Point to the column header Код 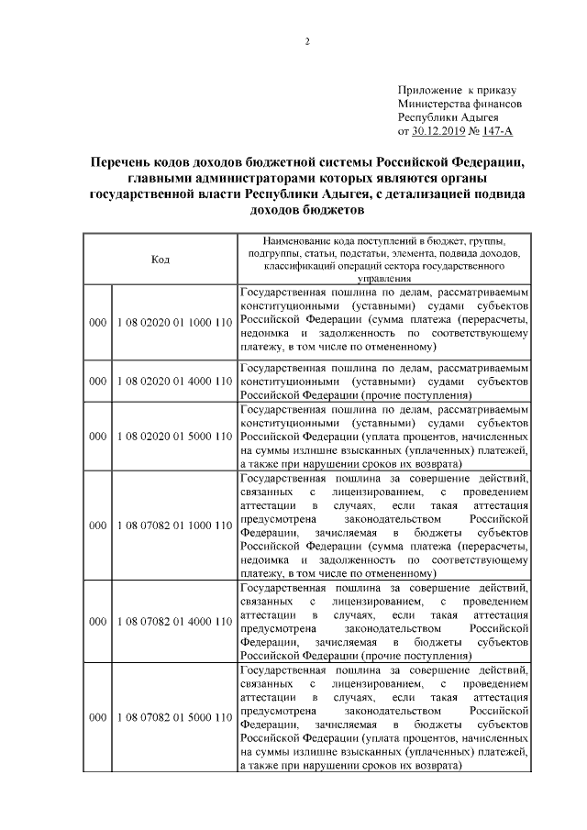[160, 259]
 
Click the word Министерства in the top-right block [435, 105]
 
